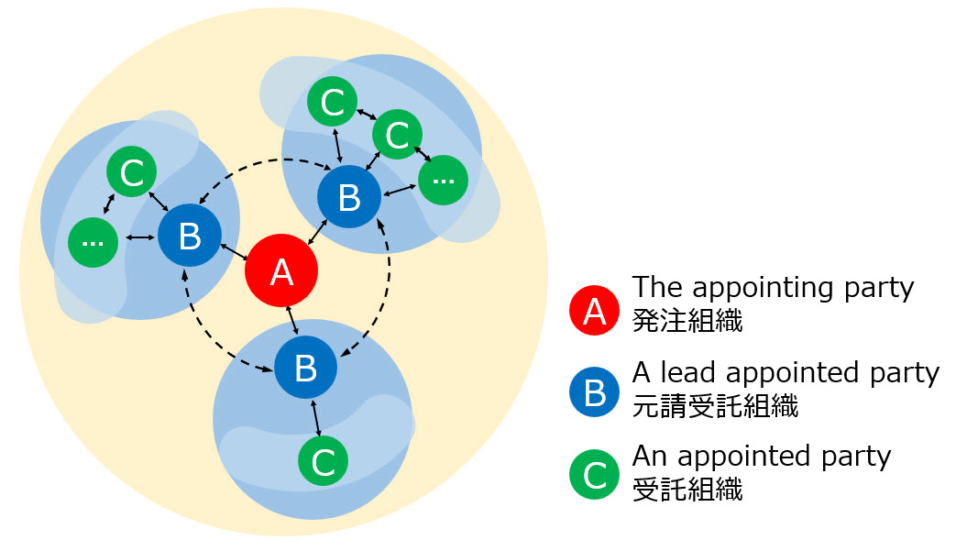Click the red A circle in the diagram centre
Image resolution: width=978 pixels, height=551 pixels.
pos(281,271)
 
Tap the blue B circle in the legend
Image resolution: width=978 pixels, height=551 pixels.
pos(595,392)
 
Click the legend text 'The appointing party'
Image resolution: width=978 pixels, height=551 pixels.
pos(773,287)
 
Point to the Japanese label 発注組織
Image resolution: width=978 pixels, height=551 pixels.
pos(687,320)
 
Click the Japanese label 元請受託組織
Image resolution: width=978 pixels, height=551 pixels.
pos(715,404)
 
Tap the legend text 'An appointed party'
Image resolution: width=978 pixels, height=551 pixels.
pos(761,455)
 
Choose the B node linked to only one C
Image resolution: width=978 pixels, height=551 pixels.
pos(305,368)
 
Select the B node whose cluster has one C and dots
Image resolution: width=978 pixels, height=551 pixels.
pos(190,237)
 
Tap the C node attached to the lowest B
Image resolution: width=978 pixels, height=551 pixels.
pos(324,462)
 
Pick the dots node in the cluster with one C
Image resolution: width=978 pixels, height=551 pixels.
pos(93,241)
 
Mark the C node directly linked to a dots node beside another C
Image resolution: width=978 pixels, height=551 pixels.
pos(397,135)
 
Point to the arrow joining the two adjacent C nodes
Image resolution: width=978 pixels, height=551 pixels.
pos(365,117)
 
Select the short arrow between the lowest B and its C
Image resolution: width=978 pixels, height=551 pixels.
pos(315,417)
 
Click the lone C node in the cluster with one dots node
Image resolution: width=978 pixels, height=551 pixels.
pos(132,172)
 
